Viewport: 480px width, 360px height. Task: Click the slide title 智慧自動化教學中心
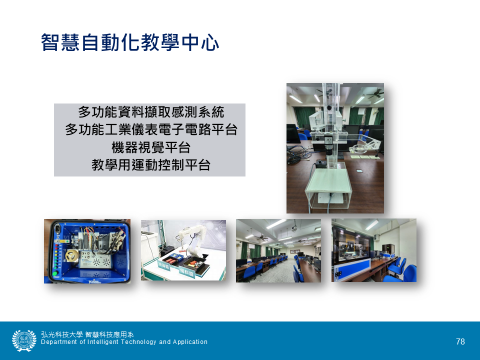click(130, 42)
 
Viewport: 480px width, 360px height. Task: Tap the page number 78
click(460, 341)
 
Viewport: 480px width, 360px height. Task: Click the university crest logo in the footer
click(24, 340)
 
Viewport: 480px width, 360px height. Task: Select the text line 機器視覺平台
click(151, 148)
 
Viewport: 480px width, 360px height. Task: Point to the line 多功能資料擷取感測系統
click(151, 112)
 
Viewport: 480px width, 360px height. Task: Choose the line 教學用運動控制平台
click(151, 165)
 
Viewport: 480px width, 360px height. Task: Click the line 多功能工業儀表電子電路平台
click(151, 130)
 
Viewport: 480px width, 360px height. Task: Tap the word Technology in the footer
click(138, 342)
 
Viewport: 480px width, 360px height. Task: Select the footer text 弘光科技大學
click(62, 334)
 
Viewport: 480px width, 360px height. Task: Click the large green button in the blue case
click(55, 273)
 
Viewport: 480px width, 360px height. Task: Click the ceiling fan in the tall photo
click(375, 94)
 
